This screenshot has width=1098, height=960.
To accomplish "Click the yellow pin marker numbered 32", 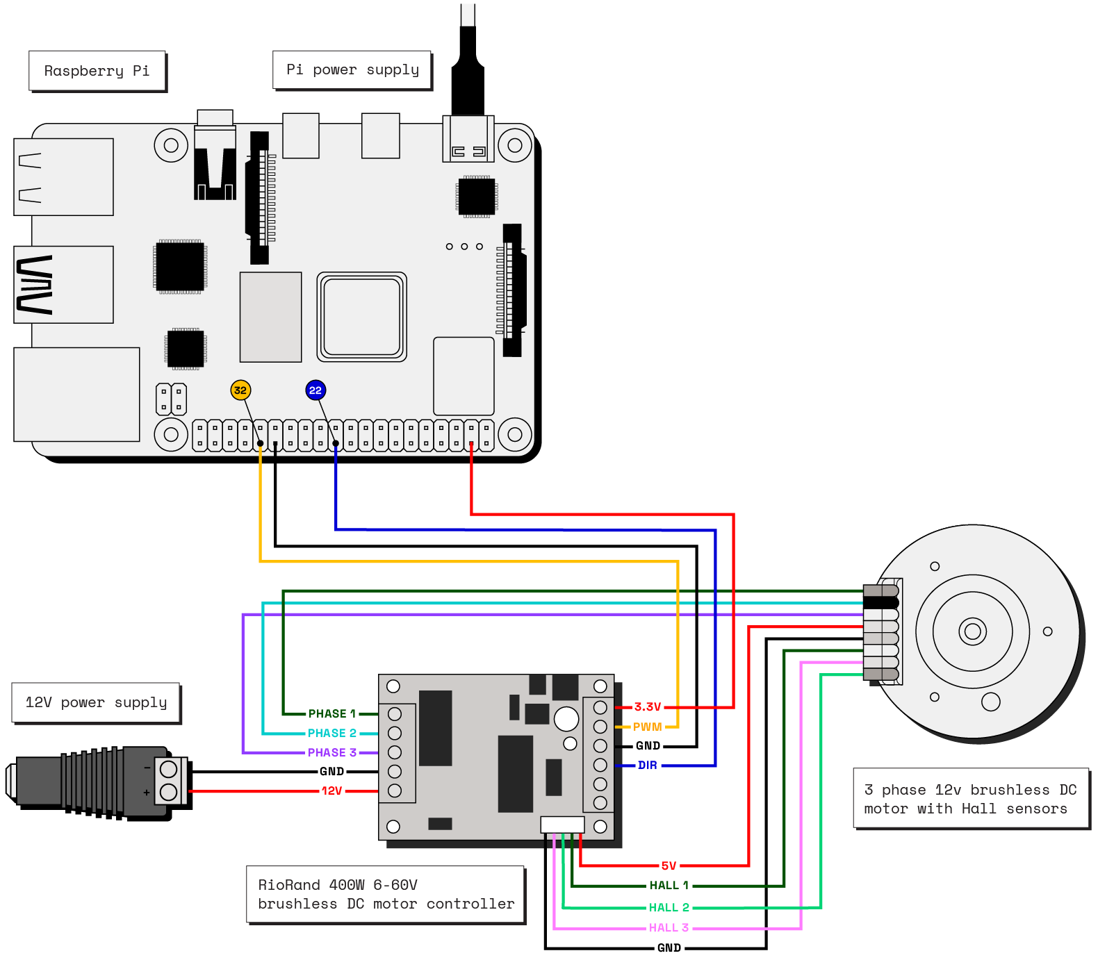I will click(x=240, y=390).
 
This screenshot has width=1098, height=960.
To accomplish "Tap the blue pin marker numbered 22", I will click(x=316, y=390).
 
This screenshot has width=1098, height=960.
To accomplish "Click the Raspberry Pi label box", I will click(x=97, y=71).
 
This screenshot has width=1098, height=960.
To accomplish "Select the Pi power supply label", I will click(x=352, y=70).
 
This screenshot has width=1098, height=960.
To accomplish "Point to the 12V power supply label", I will click(x=96, y=702).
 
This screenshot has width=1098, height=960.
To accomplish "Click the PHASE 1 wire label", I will click(x=332, y=713).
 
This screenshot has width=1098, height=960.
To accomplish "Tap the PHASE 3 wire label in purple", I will click(x=332, y=752).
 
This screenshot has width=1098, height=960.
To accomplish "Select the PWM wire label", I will click(x=647, y=727).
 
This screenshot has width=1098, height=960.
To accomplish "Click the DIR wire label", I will click(x=647, y=765).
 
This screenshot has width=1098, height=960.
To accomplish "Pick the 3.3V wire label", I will click(x=647, y=707).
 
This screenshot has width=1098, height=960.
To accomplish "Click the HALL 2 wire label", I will click(x=669, y=907).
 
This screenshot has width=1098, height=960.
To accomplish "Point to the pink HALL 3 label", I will click(x=669, y=927).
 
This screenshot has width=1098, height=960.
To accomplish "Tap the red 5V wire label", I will click(x=669, y=866).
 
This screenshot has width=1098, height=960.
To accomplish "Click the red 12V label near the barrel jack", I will click(x=331, y=791).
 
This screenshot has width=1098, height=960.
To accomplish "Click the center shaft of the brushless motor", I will click(x=972, y=631).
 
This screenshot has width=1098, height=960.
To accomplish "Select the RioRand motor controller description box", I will click(x=386, y=894).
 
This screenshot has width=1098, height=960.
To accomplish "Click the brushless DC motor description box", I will click(x=970, y=799).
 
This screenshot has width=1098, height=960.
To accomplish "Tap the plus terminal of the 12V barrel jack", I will click(x=169, y=792).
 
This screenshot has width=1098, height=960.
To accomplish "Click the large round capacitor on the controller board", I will click(x=566, y=718).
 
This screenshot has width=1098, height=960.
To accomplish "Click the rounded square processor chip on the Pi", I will click(x=361, y=317).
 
